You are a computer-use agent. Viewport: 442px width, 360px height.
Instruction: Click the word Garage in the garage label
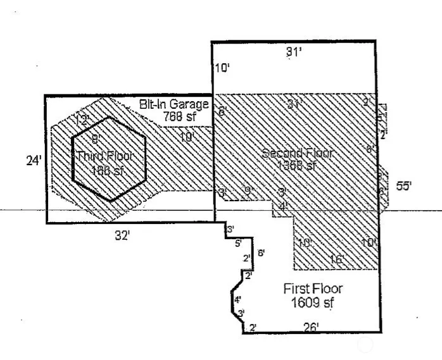(x=189, y=104)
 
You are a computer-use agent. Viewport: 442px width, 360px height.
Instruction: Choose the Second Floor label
(x=297, y=154)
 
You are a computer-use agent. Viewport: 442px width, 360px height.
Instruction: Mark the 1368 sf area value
(x=296, y=166)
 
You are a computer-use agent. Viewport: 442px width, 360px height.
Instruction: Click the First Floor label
(x=313, y=289)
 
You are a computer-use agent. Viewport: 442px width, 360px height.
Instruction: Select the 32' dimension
(x=122, y=235)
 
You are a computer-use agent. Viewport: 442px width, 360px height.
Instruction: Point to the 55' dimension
(x=403, y=186)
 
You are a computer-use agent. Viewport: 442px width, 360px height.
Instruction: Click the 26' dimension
(x=311, y=327)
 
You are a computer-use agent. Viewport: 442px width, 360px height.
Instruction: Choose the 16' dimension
(x=337, y=259)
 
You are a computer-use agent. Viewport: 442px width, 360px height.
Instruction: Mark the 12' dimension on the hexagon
(x=80, y=120)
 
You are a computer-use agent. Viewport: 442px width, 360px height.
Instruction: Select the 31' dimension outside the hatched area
(x=293, y=53)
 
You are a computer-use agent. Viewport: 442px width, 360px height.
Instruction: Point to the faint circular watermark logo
(x=366, y=344)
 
